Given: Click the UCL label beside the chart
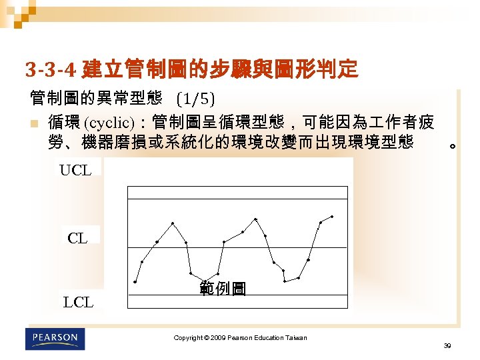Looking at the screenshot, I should pyautogui.click(x=75, y=170).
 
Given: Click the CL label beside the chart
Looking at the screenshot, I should pyautogui.click(x=77, y=238).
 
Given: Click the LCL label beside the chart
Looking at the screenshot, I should pyautogui.click(x=78, y=303).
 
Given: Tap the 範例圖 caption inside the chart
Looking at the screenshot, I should pyautogui.click(x=223, y=289).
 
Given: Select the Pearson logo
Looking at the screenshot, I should pyautogui.click(x=56, y=339).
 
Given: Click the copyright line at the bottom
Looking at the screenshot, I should pyautogui.click(x=240, y=338).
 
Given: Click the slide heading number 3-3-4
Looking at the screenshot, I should pyautogui.click(x=52, y=69).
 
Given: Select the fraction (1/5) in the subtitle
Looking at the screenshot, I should pyautogui.click(x=195, y=100).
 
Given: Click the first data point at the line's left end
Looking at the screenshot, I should pyautogui.click(x=135, y=282).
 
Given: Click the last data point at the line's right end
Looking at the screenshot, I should pyautogui.click(x=332, y=217).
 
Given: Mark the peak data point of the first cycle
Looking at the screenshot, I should pyautogui.click(x=173, y=223).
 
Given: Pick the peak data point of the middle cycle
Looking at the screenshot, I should pyautogui.click(x=255, y=219).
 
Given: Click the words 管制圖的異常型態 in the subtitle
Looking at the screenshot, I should pyautogui.click(x=96, y=99).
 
